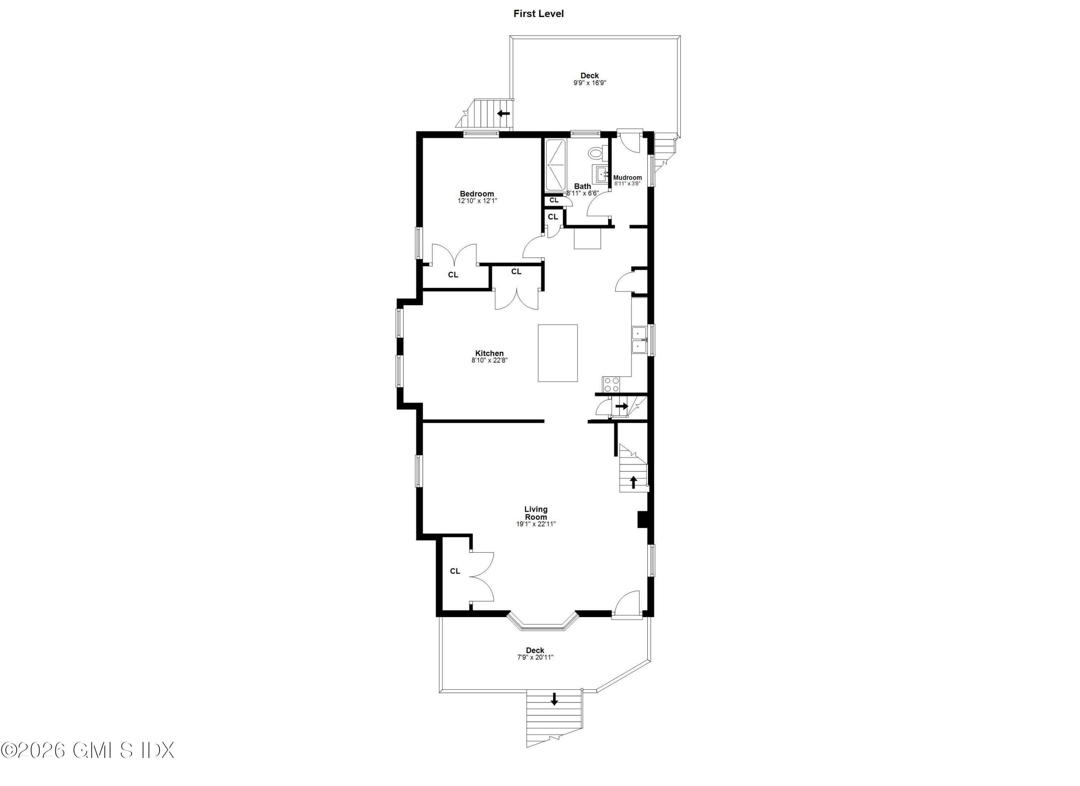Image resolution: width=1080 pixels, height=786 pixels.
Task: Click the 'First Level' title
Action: (x=538, y=14)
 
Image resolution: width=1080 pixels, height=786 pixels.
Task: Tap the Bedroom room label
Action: (x=477, y=194)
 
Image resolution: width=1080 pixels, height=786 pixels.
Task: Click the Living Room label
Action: (x=536, y=513)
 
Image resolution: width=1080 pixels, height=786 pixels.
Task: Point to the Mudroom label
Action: (x=627, y=178)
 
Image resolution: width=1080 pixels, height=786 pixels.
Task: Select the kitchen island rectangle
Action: (x=558, y=353)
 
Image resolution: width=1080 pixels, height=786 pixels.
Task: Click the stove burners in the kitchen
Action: (x=611, y=384)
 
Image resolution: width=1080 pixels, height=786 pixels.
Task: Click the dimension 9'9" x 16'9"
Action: (x=590, y=83)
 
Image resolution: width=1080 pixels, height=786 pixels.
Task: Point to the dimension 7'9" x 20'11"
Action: (x=535, y=657)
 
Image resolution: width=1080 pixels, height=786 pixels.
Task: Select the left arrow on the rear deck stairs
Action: (x=503, y=114)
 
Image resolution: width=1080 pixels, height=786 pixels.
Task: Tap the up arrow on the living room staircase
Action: (x=633, y=482)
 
